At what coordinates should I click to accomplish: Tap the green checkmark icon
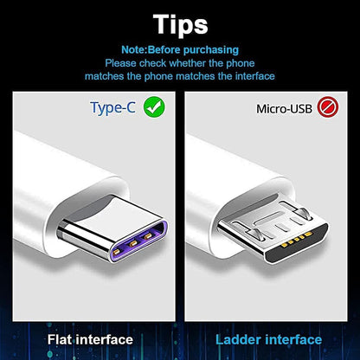pyautogui.click(x=154, y=108)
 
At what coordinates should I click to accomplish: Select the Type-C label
pyautogui.click(x=114, y=108)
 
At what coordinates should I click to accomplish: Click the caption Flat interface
pyautogui.click(x=89, y=339)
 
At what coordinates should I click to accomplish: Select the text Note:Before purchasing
pyautogui.click(x=180, y=49)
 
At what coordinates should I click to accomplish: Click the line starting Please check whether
pyautogui.click(x=180, y=62)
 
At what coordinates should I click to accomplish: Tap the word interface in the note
pyautogui.click(x=252, y=76)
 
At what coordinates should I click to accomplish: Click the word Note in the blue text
pyautogui.click(x=136, y=49)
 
